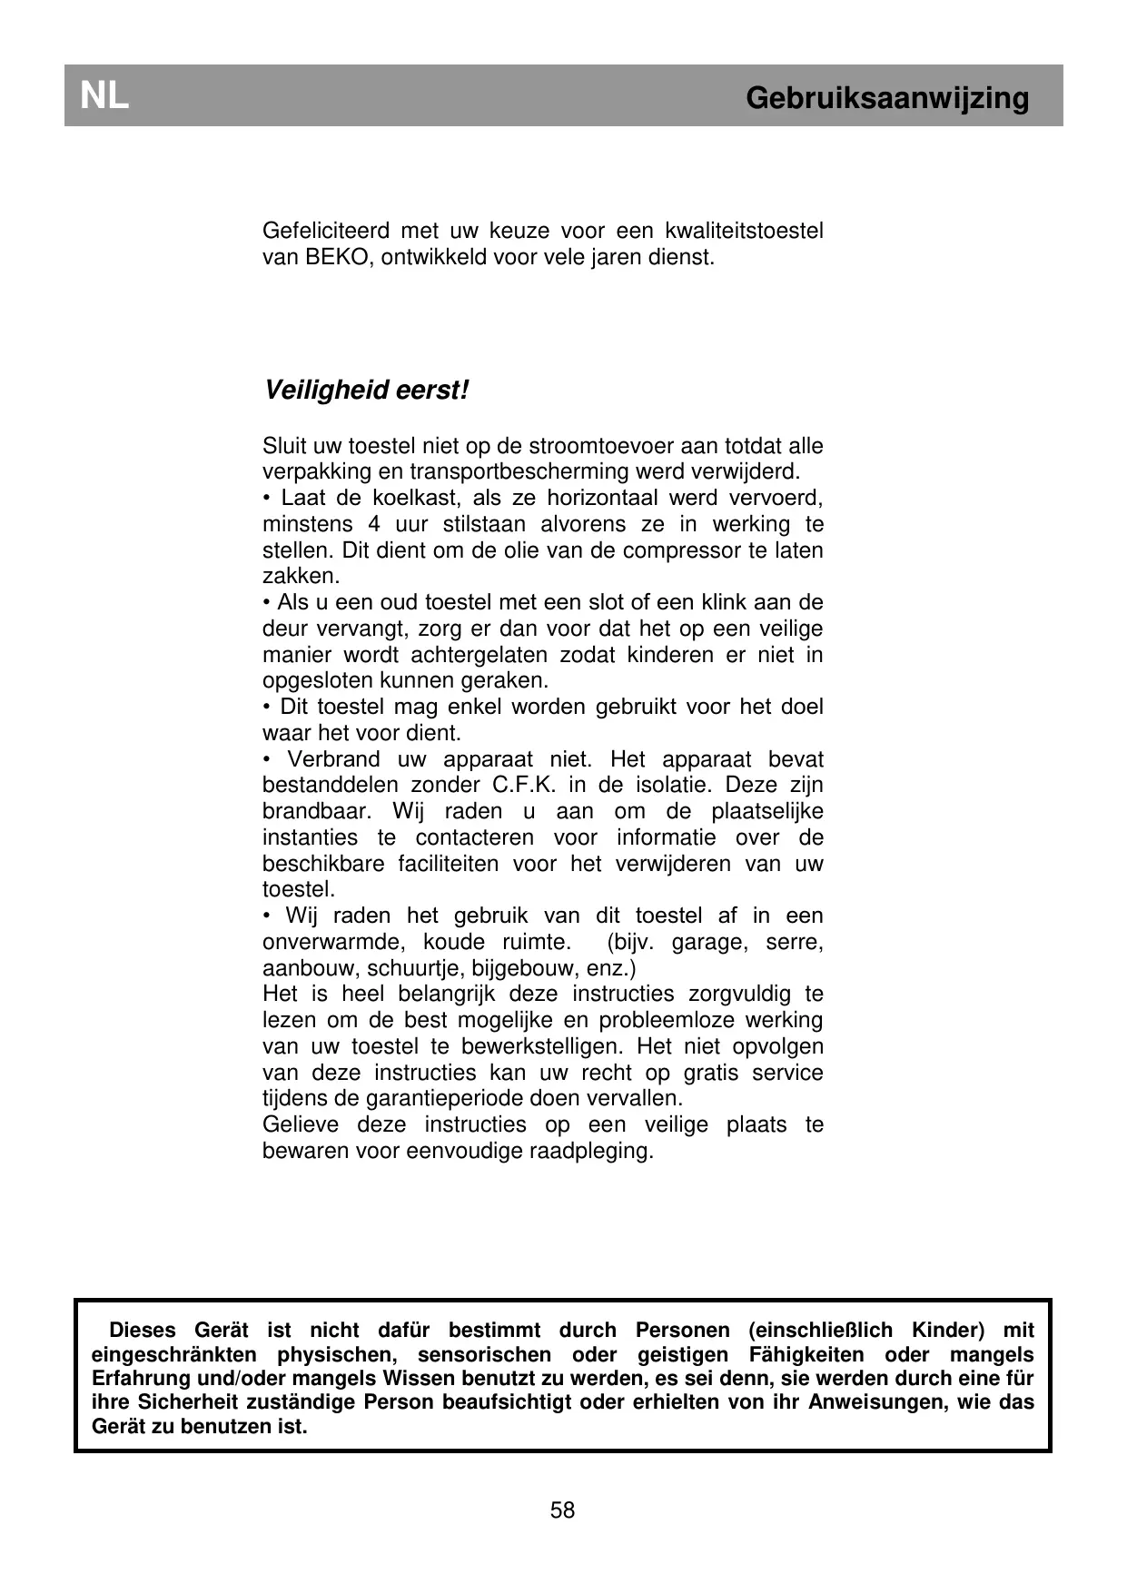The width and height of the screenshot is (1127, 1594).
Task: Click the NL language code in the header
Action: (x=104, y=95)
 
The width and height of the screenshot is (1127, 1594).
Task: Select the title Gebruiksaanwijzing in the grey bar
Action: (x=887, y=97)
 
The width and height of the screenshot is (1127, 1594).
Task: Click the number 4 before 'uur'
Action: (x=374, y=524)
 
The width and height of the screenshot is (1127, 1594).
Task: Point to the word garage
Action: (x=709, y=942)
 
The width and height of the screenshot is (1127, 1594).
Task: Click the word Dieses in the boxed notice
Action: (x=143, y=1331)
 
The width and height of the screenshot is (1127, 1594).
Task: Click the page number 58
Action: (x=562, y=1510)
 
